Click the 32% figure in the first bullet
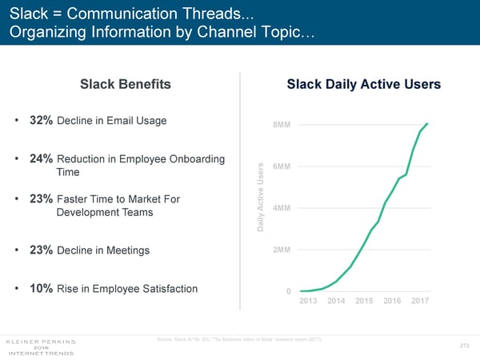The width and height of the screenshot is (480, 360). click(x=41, y=121)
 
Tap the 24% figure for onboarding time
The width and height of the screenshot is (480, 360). click(x=41, y=158)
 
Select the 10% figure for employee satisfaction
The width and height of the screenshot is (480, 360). click(x=41, y=288)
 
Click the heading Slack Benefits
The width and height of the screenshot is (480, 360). click(x=125, y=85)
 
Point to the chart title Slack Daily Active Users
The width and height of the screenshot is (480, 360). click(x=363, y=85)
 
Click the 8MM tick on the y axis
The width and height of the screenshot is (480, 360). click(x=281, y=125)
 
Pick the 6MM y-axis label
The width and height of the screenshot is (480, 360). click(x=281, y=166)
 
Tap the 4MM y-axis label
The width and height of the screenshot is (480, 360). click(x=281, y=209)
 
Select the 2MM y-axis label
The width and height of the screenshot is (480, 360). click(x=281, y=250)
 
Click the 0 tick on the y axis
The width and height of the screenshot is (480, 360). click(x=288, y=291)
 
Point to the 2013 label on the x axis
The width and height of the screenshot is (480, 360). click(x=310, y=301)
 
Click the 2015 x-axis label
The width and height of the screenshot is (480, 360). click(x=365, y=301)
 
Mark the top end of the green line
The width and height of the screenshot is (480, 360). click(x=427, y=124)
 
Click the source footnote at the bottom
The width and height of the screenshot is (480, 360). click(x=242, y=342)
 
